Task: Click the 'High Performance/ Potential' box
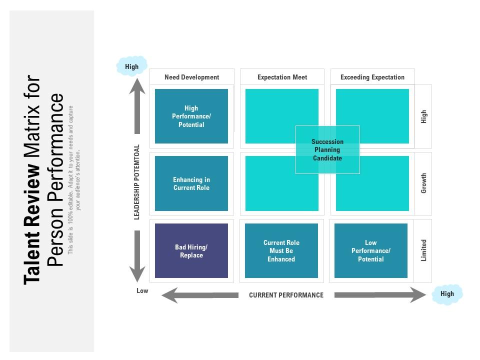pyautogui.click(x=191, y=116)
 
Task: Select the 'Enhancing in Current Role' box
pyautogui.click(x=191, y=183)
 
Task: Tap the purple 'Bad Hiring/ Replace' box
pyautogui.click(x=191, y=251)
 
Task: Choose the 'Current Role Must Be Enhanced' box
pyautogui.click(x=281, y=251)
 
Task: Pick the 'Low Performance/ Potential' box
pyautogui.click(x=371, y=251)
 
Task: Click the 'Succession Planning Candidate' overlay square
pyautogui.click(x=327, y=150)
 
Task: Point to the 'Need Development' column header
pyautogui.click(x=191, y=77)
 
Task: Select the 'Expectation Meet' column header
pyautogui.click(x=282, y=77)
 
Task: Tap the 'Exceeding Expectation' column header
pyautogui.click(x=372, y=77)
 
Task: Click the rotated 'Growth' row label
pyautogui.click(x=423, y=183)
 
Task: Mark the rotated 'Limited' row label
pyautogui.click(x=423, y=250)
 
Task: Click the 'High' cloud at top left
pyautogui.click(x=132, y=66)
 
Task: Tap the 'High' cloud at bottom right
pyautogui.click(x=447, y=294)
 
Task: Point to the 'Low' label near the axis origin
pyautogui.click(x=142, y=290)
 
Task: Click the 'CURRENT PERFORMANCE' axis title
pyautogui.click(x=286, y=295)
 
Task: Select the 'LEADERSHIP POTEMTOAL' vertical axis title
pyautogui.click(x=137, y=182)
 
